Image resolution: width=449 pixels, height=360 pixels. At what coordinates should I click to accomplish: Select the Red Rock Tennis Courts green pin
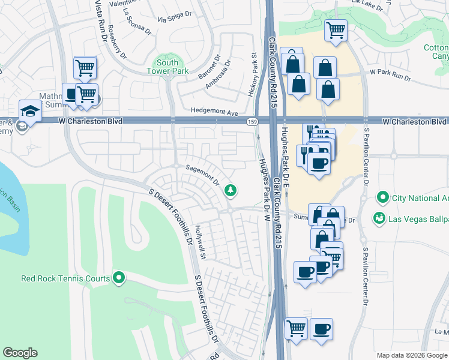tap(119, 278)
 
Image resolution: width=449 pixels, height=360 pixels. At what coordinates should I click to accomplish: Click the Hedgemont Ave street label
tap(214, 111)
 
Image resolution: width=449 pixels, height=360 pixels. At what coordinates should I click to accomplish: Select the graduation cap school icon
tap(29, 110)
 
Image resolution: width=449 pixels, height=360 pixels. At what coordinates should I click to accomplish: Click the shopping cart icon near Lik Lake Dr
tap(336, 29)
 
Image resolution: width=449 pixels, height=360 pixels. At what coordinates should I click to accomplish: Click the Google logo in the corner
tap(20, 353)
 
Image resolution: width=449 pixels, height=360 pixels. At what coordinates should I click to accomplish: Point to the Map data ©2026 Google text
tap(411, 355)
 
